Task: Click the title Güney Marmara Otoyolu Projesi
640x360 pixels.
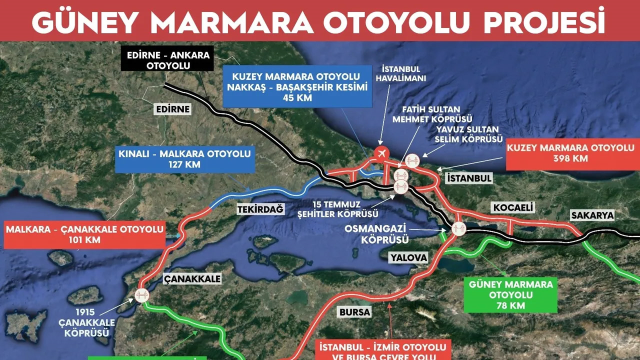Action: tap(320, 19)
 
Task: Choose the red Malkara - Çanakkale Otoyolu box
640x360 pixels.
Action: tap(85, 235)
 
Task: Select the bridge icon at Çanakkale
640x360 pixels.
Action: tap(141, 295)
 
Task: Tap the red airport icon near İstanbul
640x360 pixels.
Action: tap(380, 153)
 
